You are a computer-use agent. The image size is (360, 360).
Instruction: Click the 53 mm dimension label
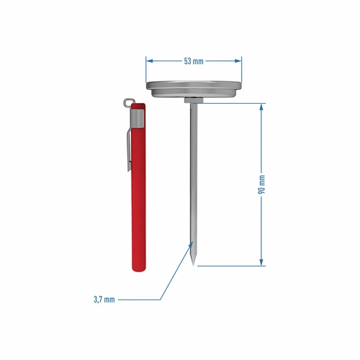[x=193, y=61]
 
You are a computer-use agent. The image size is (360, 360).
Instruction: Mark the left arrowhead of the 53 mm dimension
[x=149, y=61]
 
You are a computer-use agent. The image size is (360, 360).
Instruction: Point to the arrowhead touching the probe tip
[x=191, y=246]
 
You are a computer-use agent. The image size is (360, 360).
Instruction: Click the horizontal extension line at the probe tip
[x=230, y=266]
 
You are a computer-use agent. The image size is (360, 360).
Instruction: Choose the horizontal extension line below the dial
[x=230, y=103]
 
